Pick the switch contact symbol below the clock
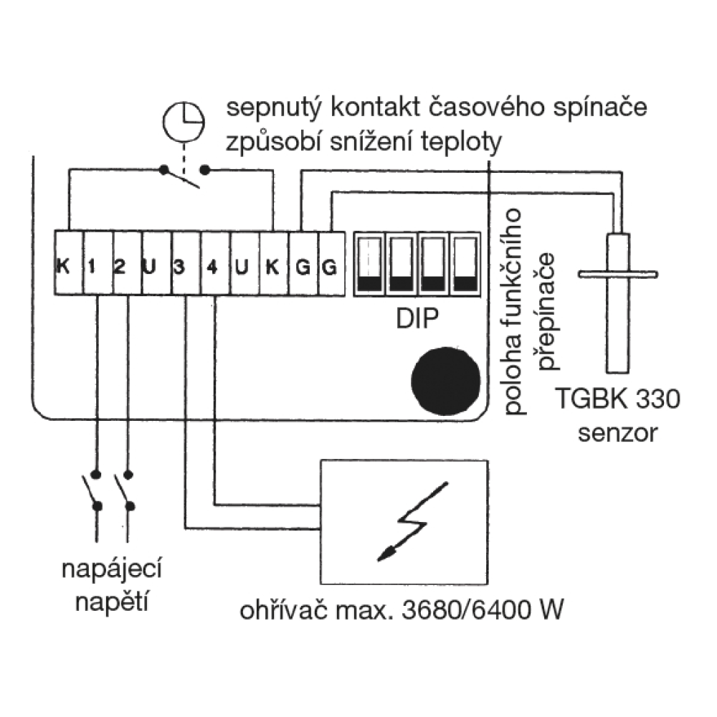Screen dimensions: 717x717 coord(185,174)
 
